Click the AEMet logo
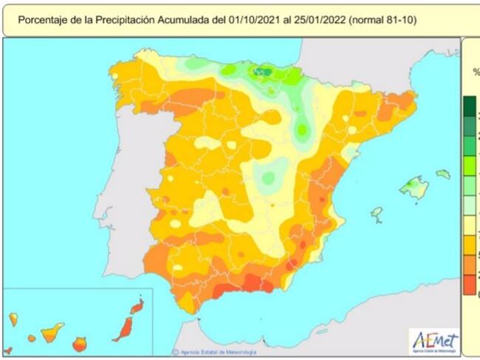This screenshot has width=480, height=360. click(434, 342)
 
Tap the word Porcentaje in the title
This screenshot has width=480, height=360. click(43, 20)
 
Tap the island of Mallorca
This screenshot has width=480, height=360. click(414, 188)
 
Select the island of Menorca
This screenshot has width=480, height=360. click(442, 174)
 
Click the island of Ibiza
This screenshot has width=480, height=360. click(377, 214)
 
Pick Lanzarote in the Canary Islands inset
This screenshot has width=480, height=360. click(137, 304)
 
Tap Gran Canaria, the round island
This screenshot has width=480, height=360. click(79, 344)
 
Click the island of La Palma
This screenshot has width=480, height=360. click(13, 319)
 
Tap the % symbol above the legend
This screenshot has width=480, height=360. click(476, 72)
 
